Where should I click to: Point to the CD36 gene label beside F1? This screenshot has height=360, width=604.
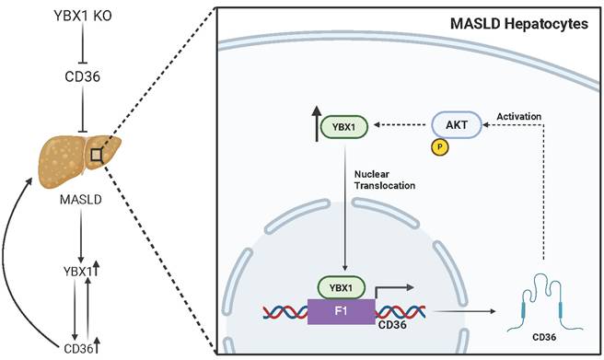click(x=392, y=322)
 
